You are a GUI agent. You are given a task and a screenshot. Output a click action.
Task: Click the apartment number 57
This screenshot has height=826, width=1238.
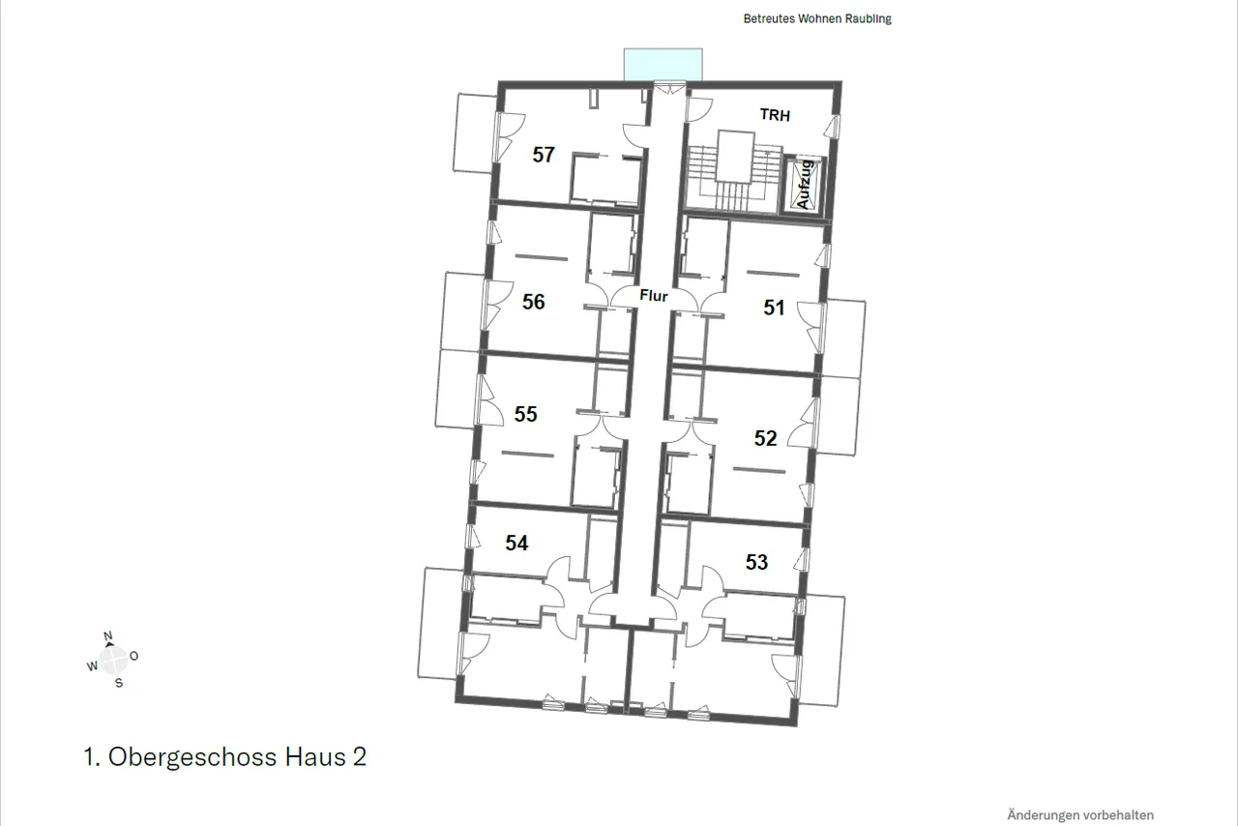pos(544,154)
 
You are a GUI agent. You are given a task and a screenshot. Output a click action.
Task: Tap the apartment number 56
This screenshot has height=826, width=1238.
pos(533,302)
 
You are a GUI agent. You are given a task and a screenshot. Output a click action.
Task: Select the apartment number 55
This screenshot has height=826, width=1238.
pos(525,414)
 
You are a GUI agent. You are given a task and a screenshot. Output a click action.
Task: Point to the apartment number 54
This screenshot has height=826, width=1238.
pos(516,543)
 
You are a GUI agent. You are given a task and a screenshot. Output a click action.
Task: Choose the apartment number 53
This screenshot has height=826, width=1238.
pos(756,562)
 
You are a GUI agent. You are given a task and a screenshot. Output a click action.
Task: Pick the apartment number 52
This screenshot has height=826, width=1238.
pos(765,438)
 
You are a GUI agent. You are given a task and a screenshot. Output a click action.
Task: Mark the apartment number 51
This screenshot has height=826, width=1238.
pos(775,308)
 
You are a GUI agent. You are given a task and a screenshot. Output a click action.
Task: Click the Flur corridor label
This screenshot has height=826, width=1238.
pos(654,296)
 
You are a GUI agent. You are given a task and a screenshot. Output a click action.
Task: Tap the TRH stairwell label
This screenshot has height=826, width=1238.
pos(775,115)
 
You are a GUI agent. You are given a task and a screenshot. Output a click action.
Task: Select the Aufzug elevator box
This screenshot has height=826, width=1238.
pos(804,185)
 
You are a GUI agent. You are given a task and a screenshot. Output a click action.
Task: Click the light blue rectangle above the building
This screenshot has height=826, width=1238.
pos(663,65)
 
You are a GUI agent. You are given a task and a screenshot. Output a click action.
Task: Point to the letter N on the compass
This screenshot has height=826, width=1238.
pos(107,636)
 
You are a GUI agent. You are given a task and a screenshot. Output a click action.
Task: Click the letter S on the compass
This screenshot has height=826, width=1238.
pos(119,684)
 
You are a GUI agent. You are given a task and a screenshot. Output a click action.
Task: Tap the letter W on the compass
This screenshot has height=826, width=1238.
pos(92,666)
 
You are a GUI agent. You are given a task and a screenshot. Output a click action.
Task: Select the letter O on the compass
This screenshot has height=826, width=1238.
pos(133,657)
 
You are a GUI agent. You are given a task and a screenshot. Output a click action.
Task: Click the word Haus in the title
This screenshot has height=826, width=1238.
pos(315,756)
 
